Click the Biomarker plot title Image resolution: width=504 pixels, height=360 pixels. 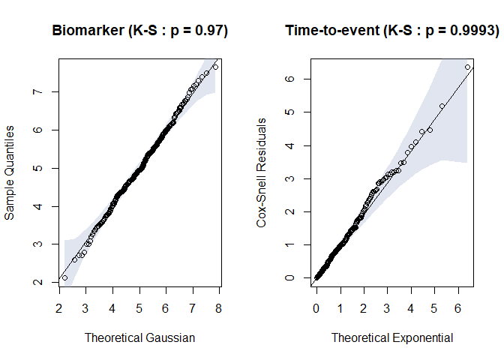coord(139,31)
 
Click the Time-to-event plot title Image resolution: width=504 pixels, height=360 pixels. coord(391,31)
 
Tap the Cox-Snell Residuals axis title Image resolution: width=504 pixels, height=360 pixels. coord(262,183)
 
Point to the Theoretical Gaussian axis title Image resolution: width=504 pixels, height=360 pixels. coord(139,337)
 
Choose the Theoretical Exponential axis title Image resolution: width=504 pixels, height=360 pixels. coord(392,337)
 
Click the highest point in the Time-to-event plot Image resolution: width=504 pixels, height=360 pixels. coord(468,67)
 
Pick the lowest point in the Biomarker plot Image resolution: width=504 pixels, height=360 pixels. coord(64,277)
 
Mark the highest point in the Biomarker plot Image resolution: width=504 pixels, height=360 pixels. coord(215,67)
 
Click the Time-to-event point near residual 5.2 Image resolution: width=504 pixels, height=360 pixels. coord(442,106)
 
